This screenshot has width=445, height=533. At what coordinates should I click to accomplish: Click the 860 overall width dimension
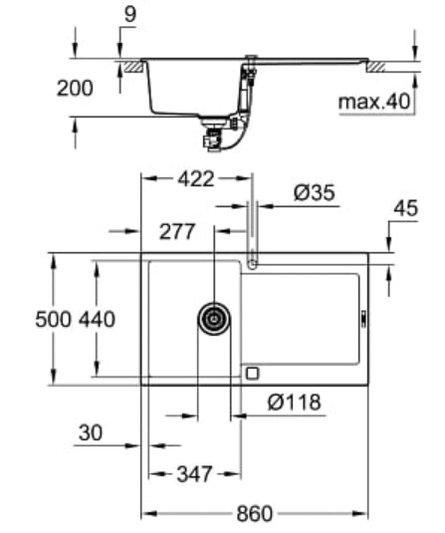(255, 514)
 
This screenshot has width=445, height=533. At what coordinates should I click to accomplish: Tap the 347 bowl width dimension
(194, 474)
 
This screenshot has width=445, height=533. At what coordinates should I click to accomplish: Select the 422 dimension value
(196, 178)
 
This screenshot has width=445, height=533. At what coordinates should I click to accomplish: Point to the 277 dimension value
(177, 232)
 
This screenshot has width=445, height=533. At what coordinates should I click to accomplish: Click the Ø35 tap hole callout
(315, 192)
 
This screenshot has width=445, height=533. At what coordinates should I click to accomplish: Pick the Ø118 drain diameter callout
(294, 402)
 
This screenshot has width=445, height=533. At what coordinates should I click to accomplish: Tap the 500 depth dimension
(54, 320)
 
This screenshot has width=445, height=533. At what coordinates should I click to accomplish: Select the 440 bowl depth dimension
(98, 320)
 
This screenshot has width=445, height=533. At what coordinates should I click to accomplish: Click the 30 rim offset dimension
(90, 432)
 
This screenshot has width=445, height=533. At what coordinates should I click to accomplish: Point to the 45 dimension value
(406, 208)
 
